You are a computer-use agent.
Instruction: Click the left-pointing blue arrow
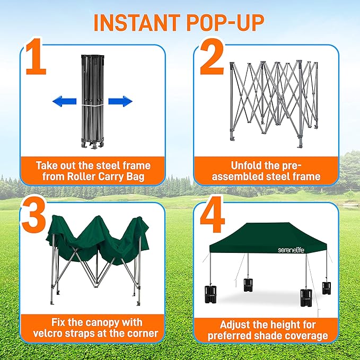[64, 101]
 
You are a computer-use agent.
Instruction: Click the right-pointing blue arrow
[120, 101]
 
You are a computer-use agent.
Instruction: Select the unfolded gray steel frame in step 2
[274, 98]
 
